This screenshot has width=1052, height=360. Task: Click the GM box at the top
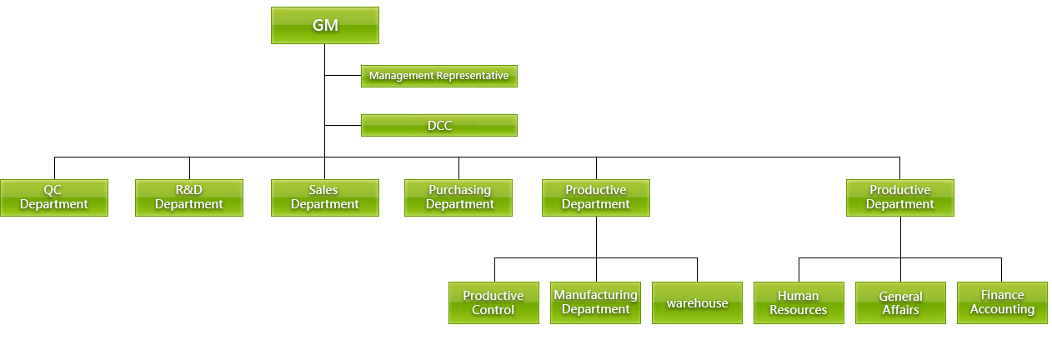coord(325,25)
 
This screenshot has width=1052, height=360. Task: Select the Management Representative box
coord(439,76)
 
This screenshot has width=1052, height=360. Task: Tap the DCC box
coord(439,125)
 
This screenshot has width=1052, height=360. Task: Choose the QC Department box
coord(54,197)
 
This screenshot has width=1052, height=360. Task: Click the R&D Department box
coord(189,197)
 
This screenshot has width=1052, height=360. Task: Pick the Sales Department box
coord(325,197)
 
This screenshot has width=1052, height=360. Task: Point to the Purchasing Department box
coord(458,197)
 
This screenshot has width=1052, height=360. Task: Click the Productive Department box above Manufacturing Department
coord(596,197)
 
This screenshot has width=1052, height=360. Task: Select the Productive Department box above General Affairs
coord(900,197)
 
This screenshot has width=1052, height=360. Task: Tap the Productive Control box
coord(493,302)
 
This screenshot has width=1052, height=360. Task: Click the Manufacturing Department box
coord(595,302)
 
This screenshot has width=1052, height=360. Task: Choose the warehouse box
coord(698,302)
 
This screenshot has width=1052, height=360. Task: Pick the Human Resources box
coord(799,302)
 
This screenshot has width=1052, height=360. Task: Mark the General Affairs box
coord(901,302)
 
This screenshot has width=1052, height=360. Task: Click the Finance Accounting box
coord(1002,302)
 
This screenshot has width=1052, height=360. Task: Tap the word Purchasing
coord(460,190)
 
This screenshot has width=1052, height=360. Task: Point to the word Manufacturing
coord(595,295)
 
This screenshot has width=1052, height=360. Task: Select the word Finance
coord(1002,295)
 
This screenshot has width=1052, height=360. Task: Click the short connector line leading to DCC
coord(343,125)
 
